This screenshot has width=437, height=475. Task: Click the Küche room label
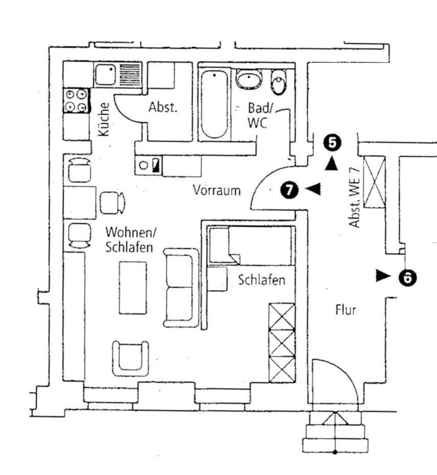point(104,119)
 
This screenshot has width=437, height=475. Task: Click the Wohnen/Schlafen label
point(130,240)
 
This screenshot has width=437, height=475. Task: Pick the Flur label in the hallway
point(345,309)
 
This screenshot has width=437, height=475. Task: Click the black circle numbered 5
point(332,143)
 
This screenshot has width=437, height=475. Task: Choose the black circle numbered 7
point(289,190)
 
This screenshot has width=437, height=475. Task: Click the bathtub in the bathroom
point(214,105)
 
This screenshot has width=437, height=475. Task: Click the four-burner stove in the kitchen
point(76,100)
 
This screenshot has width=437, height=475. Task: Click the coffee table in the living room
point(133,288)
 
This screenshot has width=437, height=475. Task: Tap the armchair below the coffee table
point(131,358)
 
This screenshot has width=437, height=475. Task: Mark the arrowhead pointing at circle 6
point(382,276)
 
